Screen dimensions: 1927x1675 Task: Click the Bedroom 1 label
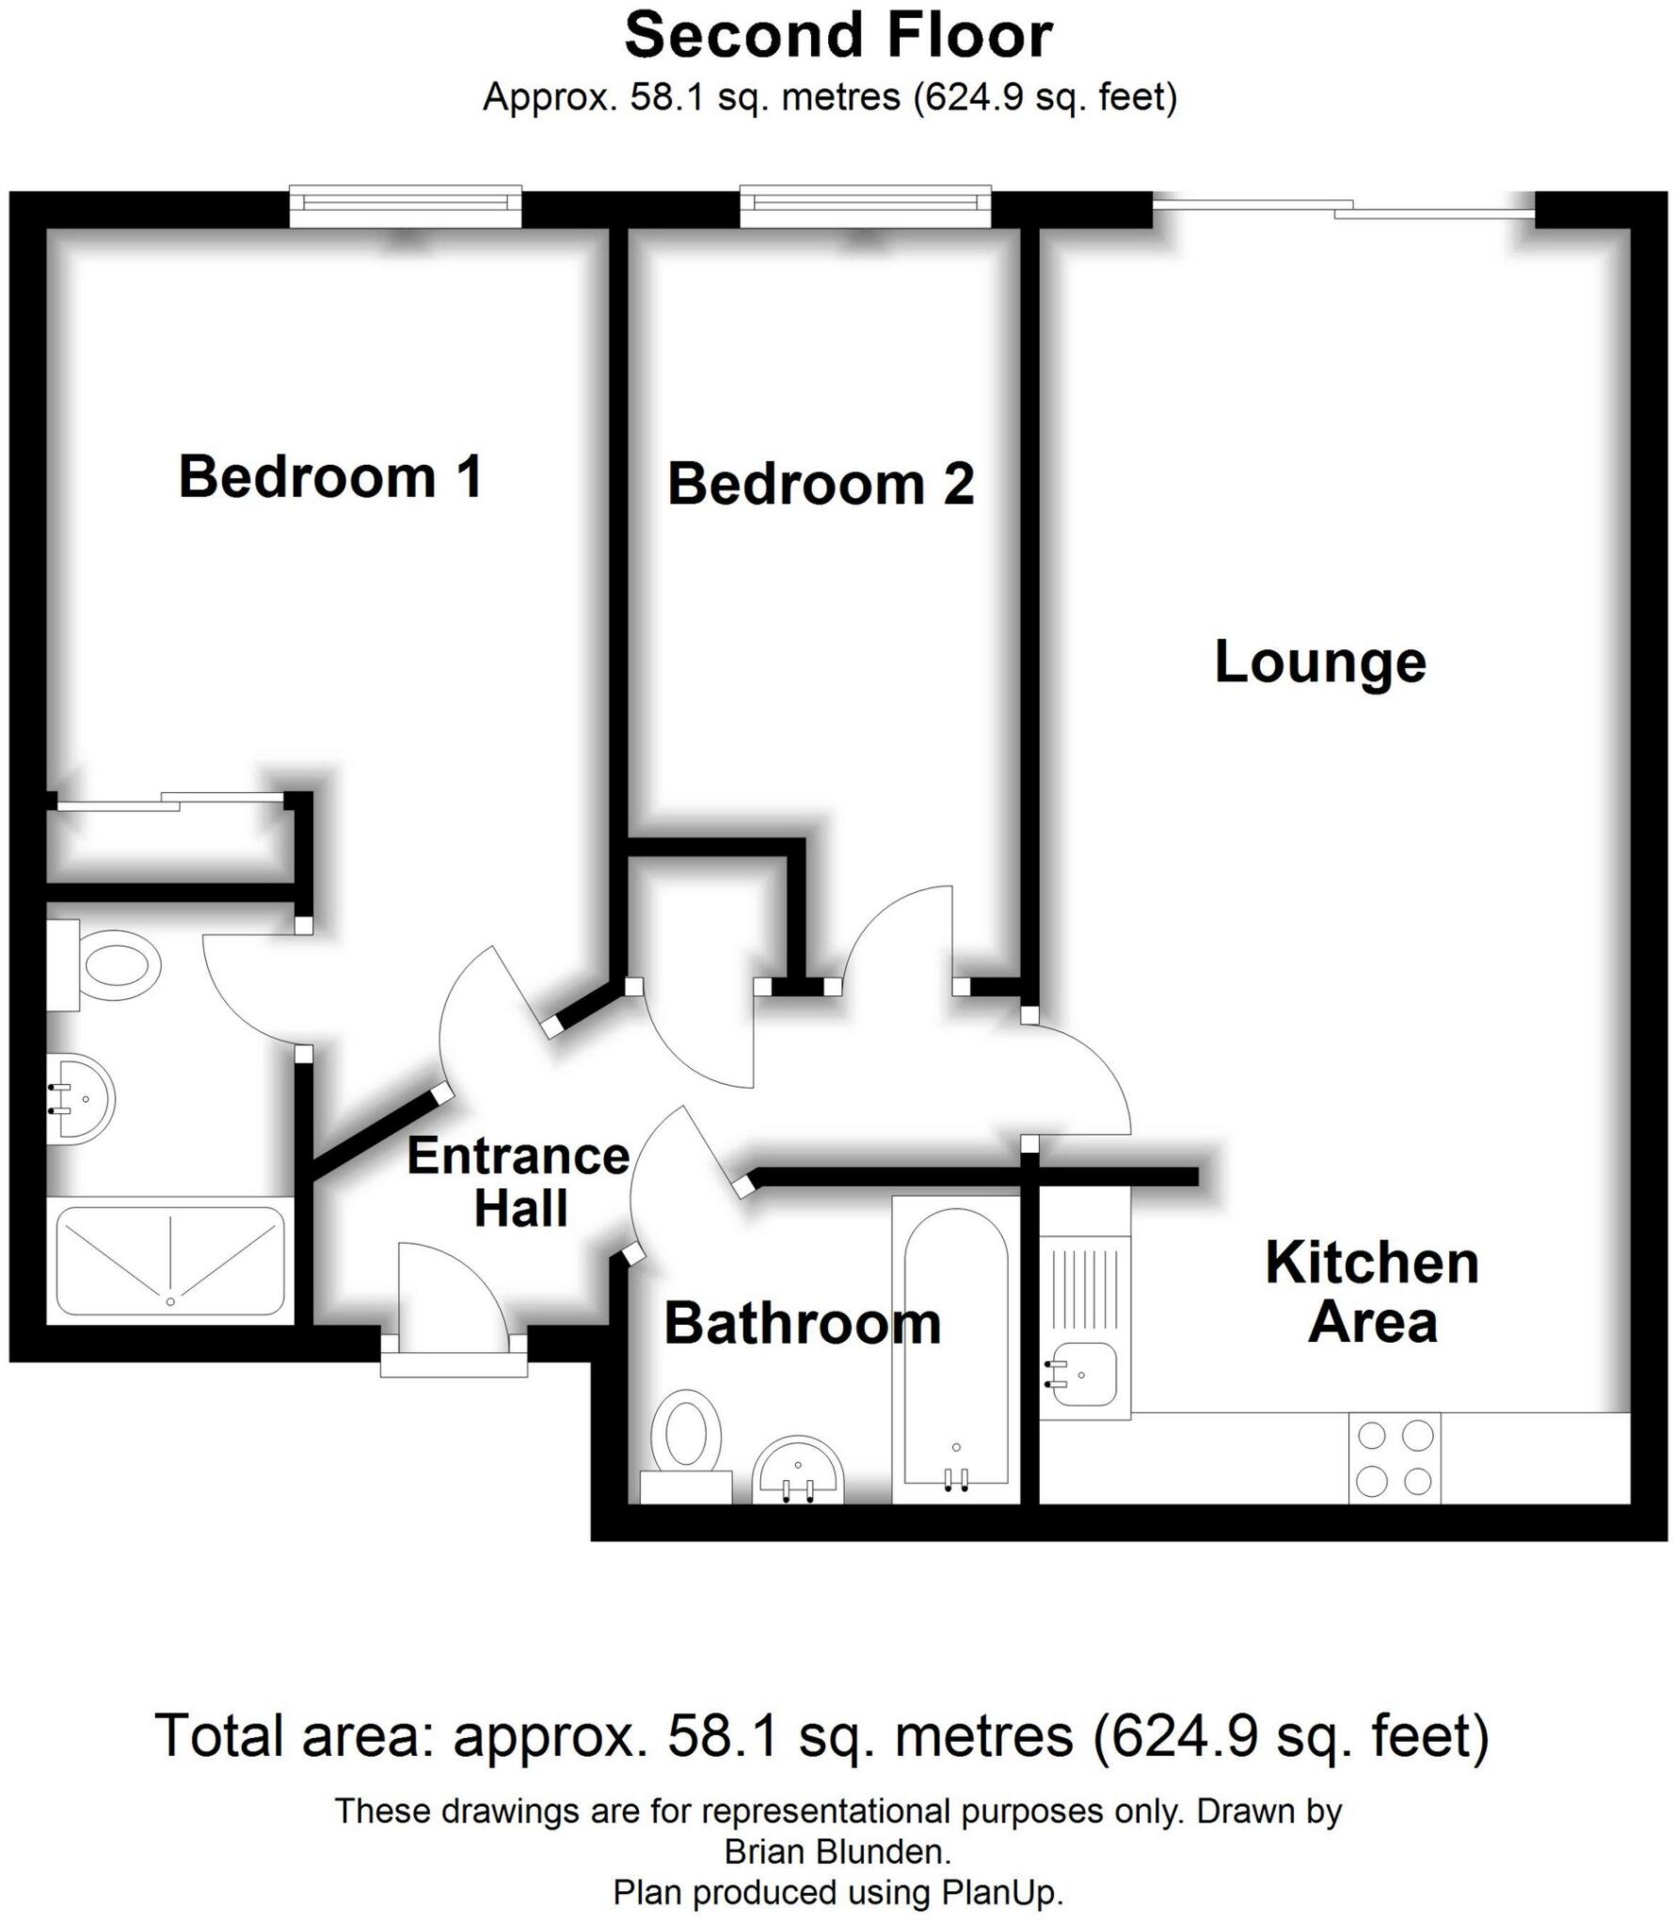[x=330, y=476]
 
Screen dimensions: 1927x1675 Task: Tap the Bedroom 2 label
[x=821, y=484]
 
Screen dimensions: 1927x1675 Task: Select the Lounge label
[x=1320, y=662]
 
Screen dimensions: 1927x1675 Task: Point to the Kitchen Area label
[x=1372, y=1292]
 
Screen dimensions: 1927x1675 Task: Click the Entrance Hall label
[x=518, y=1182]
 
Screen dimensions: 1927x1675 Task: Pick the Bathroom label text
[x=802, y=1324]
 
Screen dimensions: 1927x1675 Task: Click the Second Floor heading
[x=838, y=36]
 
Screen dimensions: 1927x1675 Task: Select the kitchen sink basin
[x=1083, y=1374]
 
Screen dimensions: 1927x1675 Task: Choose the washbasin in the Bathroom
[x=799, y=1472]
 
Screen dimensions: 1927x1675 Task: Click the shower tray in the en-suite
[x=170, y=1261]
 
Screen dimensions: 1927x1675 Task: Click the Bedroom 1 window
[x=405, y=206]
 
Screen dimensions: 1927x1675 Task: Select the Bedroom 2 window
[x=865, y=206]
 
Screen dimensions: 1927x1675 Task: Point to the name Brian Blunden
[x=837, y=1852]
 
